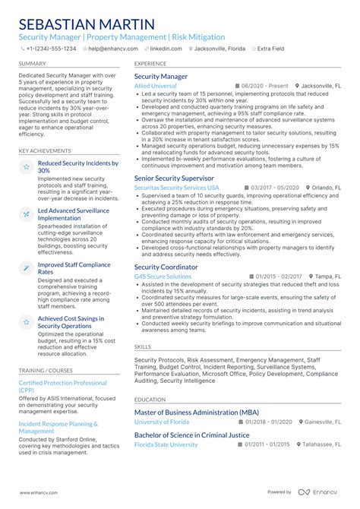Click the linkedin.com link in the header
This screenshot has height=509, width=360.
pos(166,48)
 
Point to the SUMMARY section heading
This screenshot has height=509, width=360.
pos(32,64)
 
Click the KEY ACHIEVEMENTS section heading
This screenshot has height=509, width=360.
pos(45,150)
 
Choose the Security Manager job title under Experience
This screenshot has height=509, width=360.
pos(161,77)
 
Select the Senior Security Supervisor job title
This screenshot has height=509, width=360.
pos(174,178)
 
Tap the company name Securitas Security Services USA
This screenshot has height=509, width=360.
pos(176,188)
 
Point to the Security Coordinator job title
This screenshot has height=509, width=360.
pos(166,267)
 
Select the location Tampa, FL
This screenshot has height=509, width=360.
pos(328,277)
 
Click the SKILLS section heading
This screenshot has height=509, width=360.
pos(143,346)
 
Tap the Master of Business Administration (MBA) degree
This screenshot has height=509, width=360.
pos(197,412)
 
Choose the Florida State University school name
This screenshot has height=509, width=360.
pos(166,444)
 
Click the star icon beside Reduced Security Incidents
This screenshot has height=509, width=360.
pos(26,166)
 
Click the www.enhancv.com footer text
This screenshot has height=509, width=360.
pos(39,492)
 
